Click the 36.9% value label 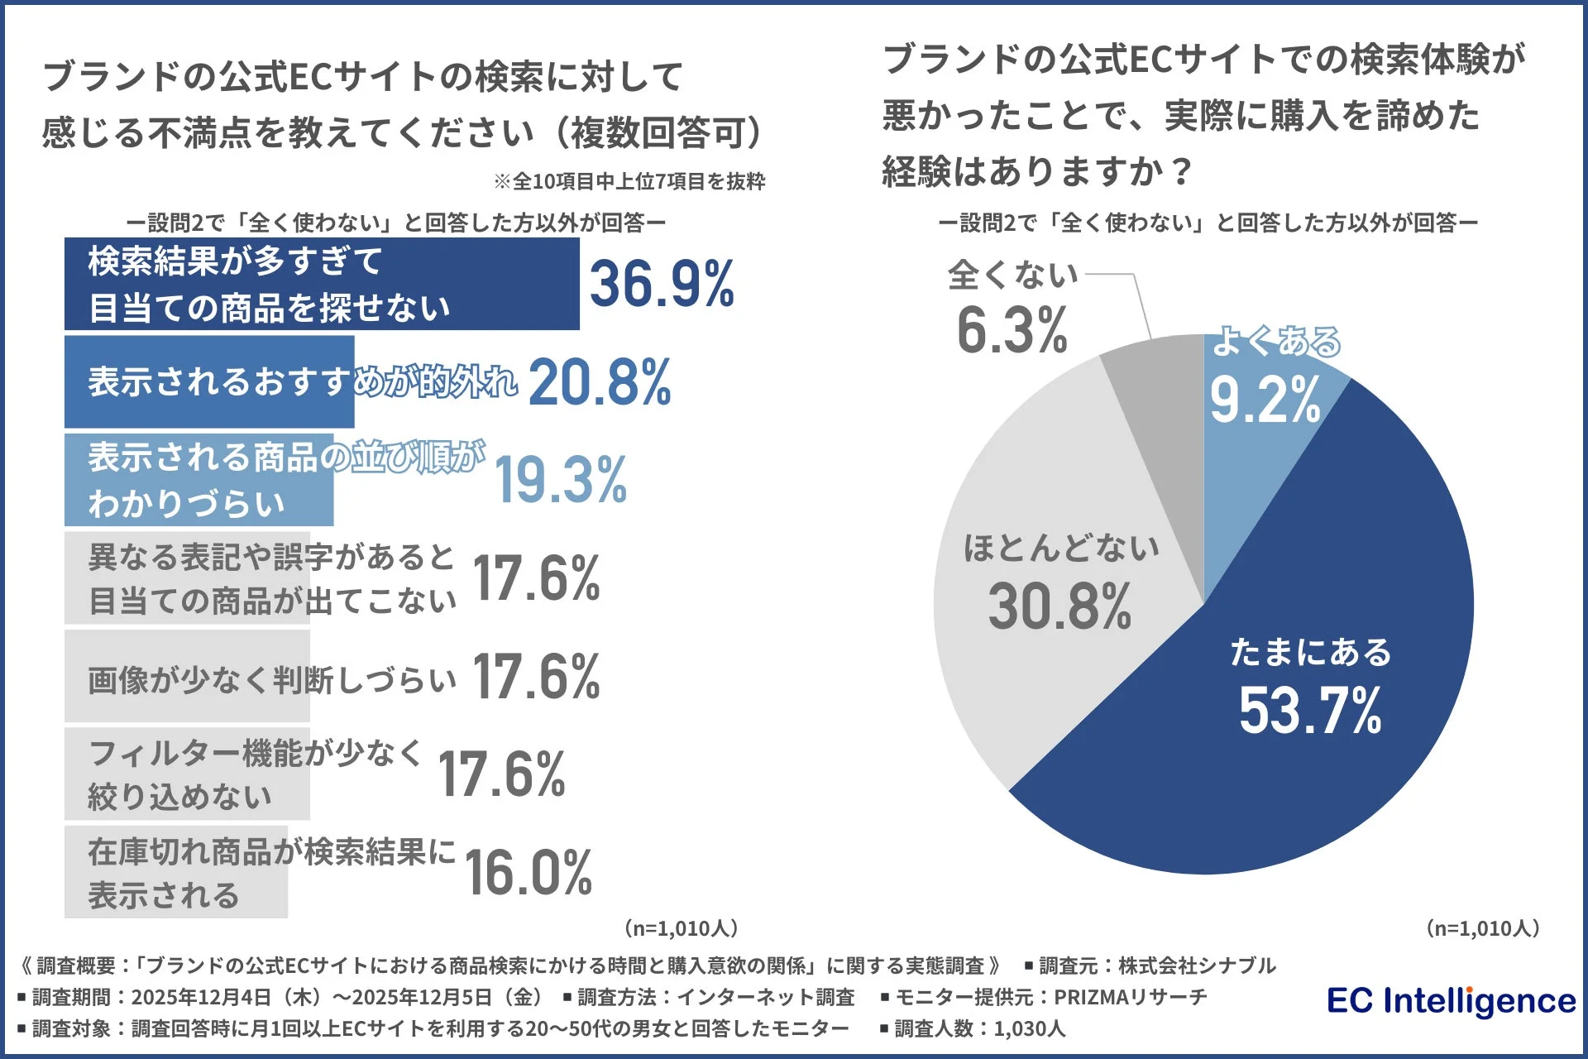pyautogui.click(x=662, y=284)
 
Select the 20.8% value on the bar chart pyautogui.click(x=600, y=383)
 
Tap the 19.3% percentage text pyautogui.click(x=561, y=480)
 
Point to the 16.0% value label pyautogui.click(x=529, y=873)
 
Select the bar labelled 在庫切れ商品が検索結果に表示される pyautogui.click(x=175, y=872)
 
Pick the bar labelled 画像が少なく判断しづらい pyautogui.click(x=187, y=676)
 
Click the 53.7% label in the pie pyautogui.click(x=1310, y=711)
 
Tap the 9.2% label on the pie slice pyautogui.click(x=1265, y=400)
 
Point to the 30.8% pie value pyautogui.click(x=1059, y=606)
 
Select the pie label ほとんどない pyautogui.click(x=1061, y=549)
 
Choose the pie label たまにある pyautogui.click(x=1311, y=653)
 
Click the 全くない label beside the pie pyautogui.click(x=1013, y=275)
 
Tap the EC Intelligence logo pyautogui.click(x=1452, y=1001)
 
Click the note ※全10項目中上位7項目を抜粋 pyautogui.click(x=629, y=181)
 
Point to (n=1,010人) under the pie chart pyautogui.click(x=1483, y=928)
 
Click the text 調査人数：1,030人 pyautogui.click(x=979, y=1028)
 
